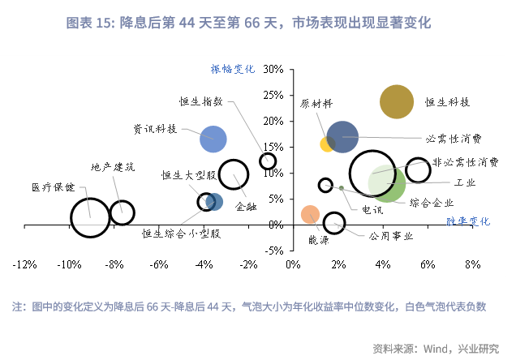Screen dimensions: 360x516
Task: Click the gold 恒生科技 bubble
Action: point(397,103)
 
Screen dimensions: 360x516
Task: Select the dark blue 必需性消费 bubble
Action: point(342,137)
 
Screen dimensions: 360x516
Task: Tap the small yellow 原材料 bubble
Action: point(328,144)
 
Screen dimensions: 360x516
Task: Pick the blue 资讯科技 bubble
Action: point(213,139)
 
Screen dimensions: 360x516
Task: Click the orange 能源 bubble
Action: point(310,214)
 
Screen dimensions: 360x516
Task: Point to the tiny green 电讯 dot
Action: point(342,188)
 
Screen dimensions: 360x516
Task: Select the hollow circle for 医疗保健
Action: point(90,217)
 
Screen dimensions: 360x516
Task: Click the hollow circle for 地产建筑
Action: point(122,212)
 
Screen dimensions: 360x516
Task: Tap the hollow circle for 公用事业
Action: point(333,223)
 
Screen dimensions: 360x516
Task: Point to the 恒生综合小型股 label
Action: point(181,234)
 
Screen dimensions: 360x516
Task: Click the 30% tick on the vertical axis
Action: point(273,70)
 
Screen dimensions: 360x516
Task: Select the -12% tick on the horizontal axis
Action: point(24,264)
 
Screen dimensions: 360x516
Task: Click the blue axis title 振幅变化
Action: point(233,69)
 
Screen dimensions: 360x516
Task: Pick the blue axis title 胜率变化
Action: point(469,221)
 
